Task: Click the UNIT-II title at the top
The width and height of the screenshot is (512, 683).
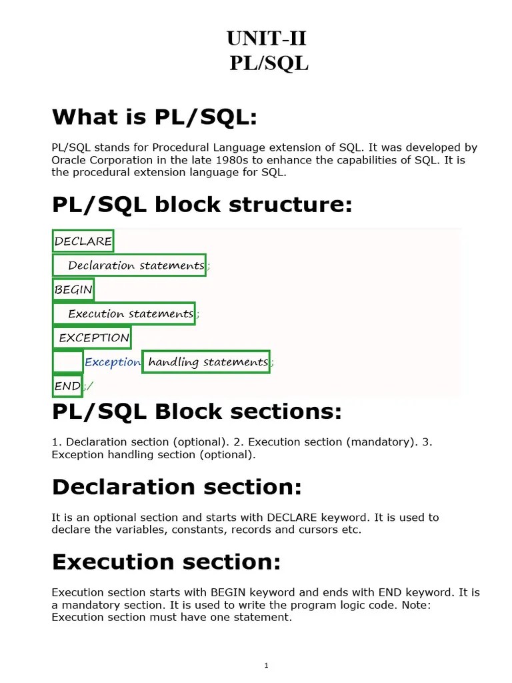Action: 267,39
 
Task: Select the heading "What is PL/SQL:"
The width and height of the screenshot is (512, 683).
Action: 154,117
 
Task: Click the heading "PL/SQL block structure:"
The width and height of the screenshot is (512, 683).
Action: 201,205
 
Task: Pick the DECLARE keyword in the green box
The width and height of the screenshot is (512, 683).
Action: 83,241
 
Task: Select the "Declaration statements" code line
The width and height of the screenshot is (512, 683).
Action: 136,265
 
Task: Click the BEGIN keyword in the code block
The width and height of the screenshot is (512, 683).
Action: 73,289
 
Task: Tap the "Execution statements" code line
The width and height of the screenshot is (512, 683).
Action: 131,313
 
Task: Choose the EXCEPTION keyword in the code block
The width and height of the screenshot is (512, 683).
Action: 94,337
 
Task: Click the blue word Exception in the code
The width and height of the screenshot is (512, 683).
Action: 113,362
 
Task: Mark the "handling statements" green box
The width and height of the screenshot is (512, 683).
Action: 207,362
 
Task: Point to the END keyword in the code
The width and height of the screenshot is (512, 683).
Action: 67,386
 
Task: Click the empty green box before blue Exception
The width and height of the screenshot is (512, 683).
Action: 68,362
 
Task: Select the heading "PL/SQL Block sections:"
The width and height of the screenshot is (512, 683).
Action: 197,412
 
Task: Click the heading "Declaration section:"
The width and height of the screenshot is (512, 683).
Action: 177,487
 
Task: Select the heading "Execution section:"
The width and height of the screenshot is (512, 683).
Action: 166,562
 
